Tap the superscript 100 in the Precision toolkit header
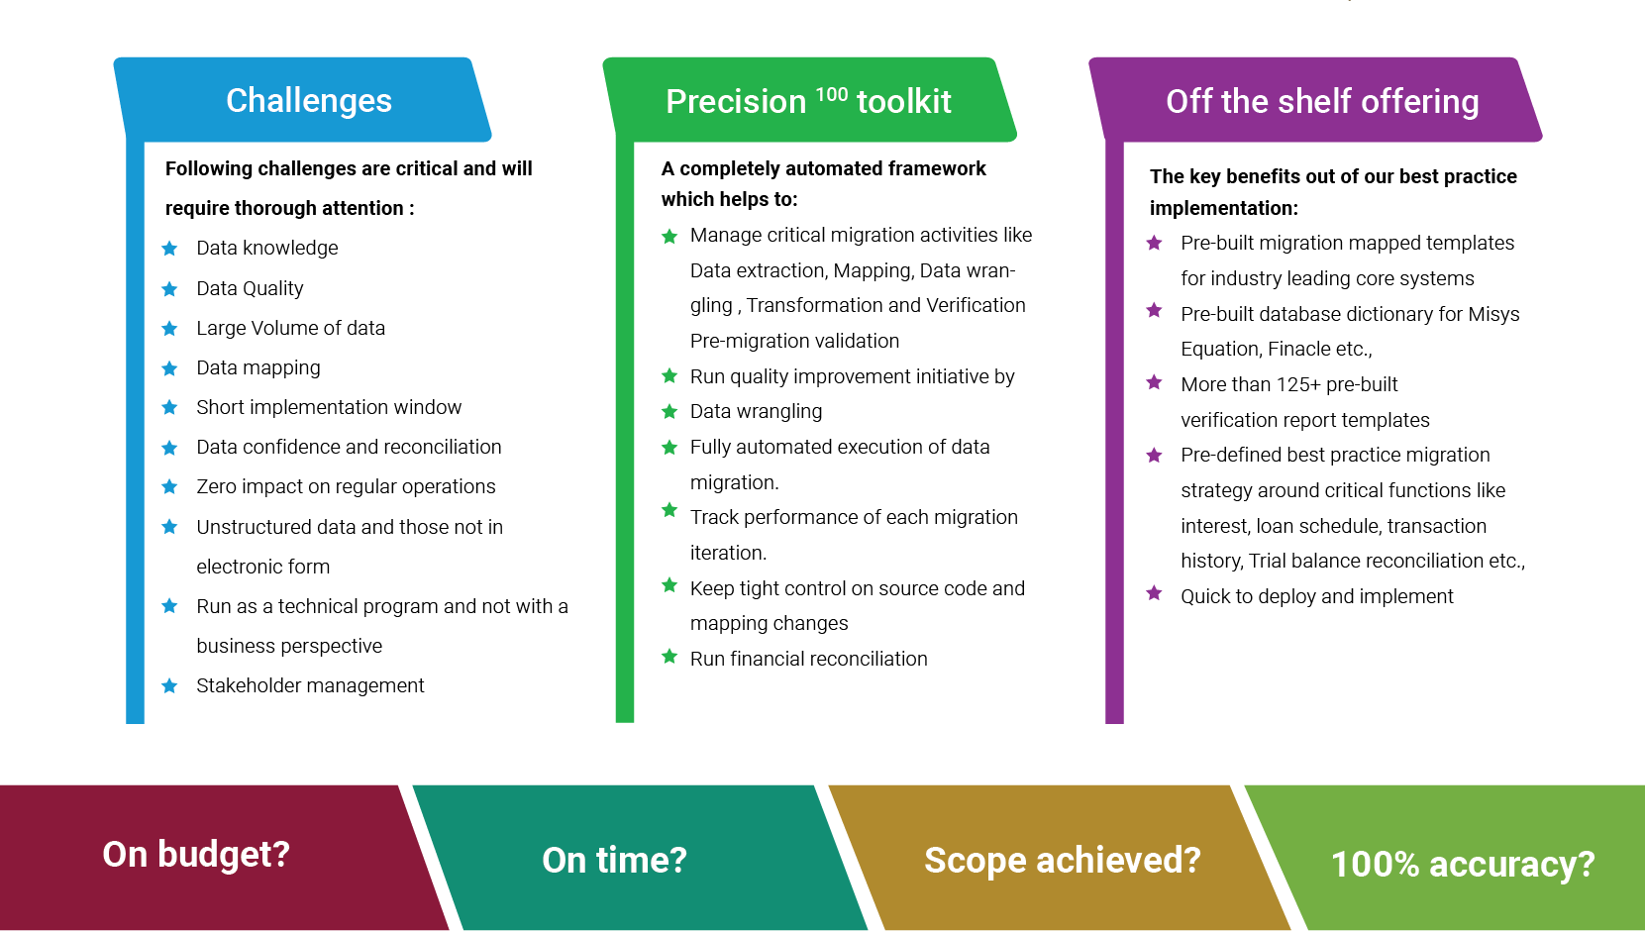click(x=831, y=94)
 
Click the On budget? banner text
click(x=196, y=855)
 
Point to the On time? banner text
click(x=614, y=860)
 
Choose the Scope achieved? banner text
click(x=1062, y=860)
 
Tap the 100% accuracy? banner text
click(x=1463, y=865)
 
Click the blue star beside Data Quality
click(x=169, y=288)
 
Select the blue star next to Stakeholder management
click(x=169, y=685)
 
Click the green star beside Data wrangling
click(x=669, y=411)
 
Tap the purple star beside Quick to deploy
click(x=1154, y=592)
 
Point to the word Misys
click(x=1493, y=314)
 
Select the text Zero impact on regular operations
click(x=346, y=487)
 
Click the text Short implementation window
click(x=329, y=407)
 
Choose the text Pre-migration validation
click(x=794, y=342)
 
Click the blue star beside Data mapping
click(x=169, y=367)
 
